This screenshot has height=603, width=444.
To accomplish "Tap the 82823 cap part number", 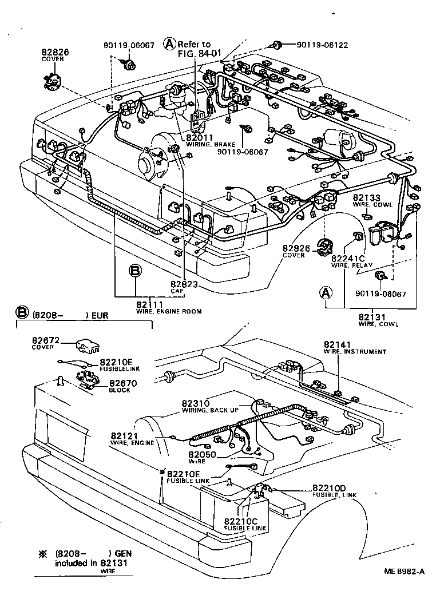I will tap(184, 284).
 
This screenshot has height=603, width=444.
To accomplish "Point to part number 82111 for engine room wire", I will tap(150, 304).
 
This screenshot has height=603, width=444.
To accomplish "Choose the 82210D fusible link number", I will tap(330, 488).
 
